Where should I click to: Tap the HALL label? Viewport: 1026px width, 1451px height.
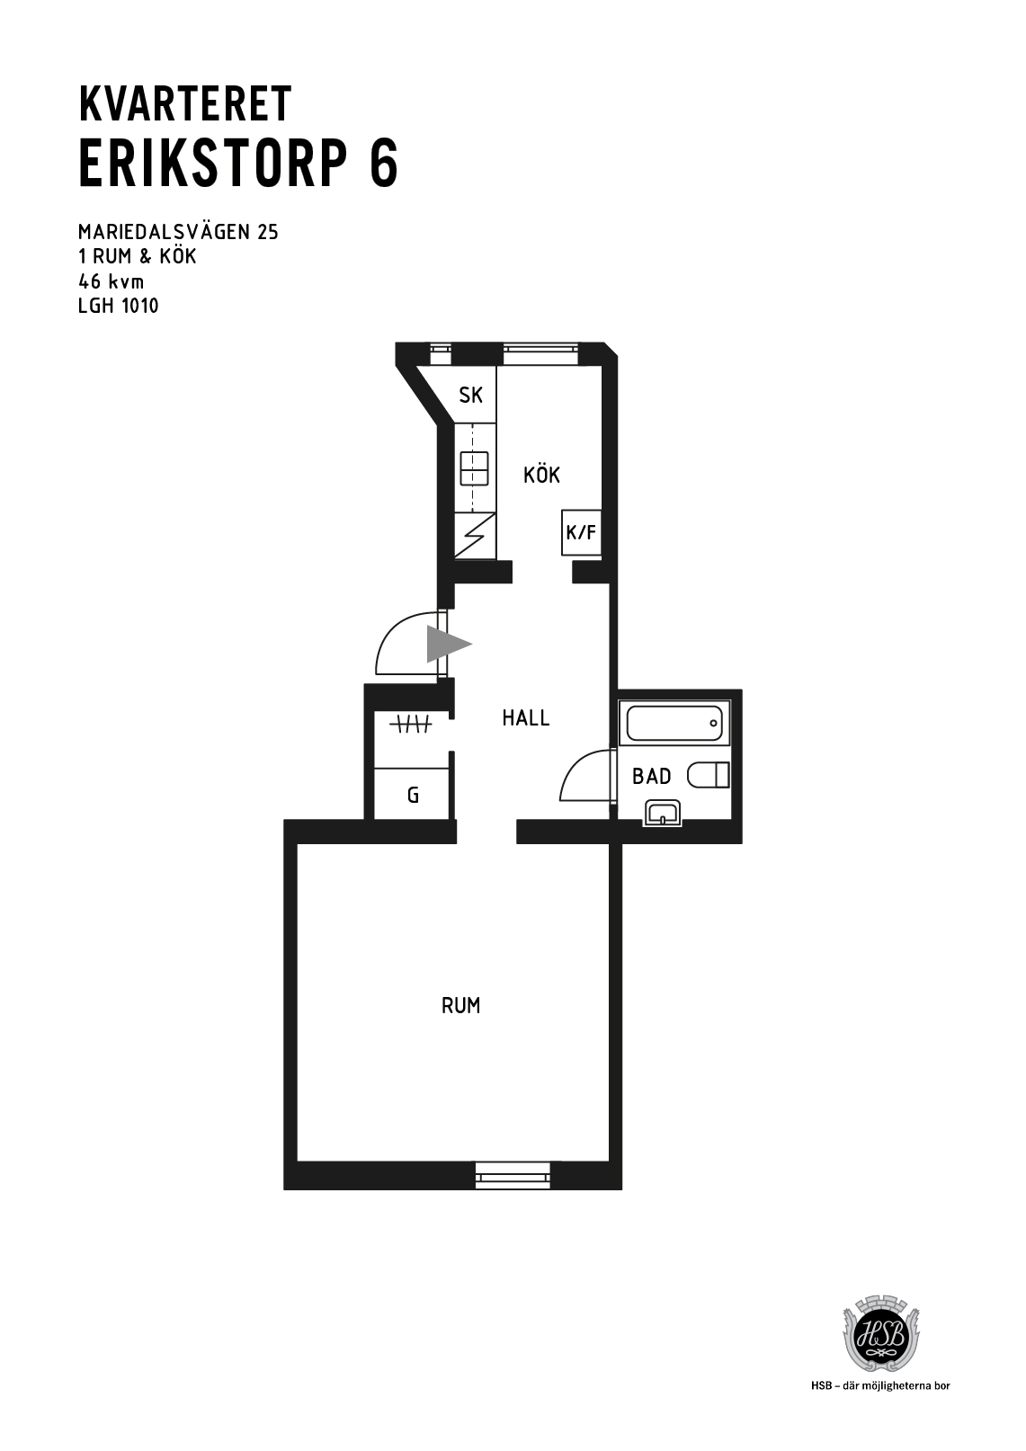pos(526,717)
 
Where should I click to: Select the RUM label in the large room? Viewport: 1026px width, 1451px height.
pos(460,1005)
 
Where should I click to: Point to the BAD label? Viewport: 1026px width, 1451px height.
pos(652,776)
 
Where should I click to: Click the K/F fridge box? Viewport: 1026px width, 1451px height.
pos(581,532)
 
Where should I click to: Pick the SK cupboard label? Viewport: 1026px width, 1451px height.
pos(471,395)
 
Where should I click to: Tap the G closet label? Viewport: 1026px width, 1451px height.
pos(414,795)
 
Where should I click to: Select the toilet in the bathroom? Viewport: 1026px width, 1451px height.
pos(709,775)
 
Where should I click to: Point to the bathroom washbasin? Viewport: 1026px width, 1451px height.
pos(663,813)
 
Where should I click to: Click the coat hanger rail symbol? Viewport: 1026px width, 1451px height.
pos(411,724)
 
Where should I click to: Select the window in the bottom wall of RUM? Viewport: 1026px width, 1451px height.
pos(513,1175)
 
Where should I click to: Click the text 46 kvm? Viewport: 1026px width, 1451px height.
pos(111,281)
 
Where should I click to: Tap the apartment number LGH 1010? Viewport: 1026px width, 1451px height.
pos(119,306)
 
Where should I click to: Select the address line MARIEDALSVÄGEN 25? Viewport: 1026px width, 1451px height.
pos(178,231)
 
